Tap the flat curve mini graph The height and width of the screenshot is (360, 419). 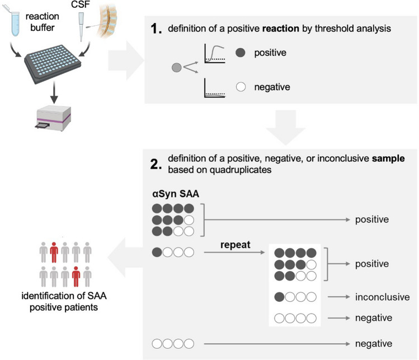point(214,88)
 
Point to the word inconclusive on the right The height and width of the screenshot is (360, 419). point(382,297)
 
